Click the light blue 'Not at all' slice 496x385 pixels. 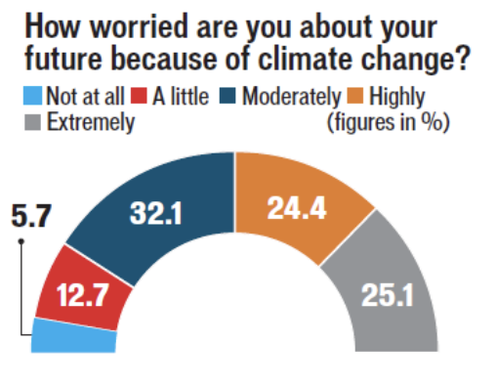[x=73, y=336]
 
